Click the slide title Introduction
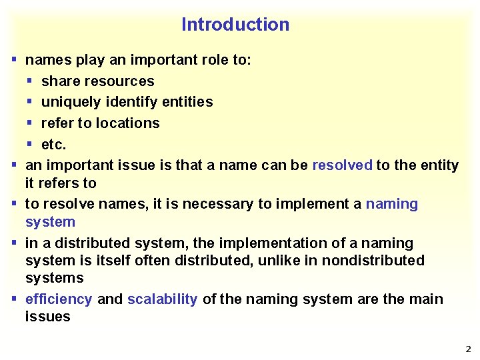coord(235,25)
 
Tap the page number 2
coord(468,349)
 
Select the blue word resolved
coord(342,165)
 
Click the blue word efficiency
coord(59,299)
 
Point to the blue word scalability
coord(162,299)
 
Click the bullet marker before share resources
coord(29,81)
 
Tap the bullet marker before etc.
coord(29,144)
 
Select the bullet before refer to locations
coord(29,123)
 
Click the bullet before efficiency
coord(14,299)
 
